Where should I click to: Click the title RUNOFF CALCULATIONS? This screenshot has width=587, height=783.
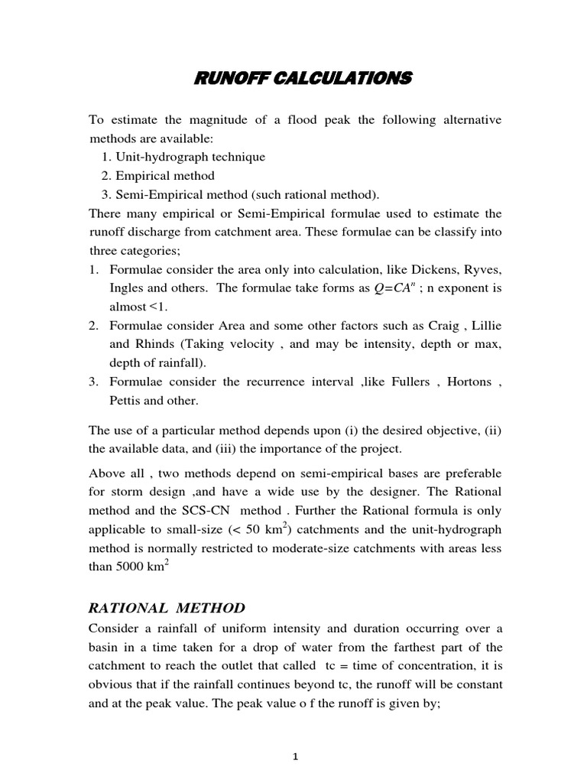pos(300,78)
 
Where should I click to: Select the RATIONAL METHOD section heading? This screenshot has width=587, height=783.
pos(167,608)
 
